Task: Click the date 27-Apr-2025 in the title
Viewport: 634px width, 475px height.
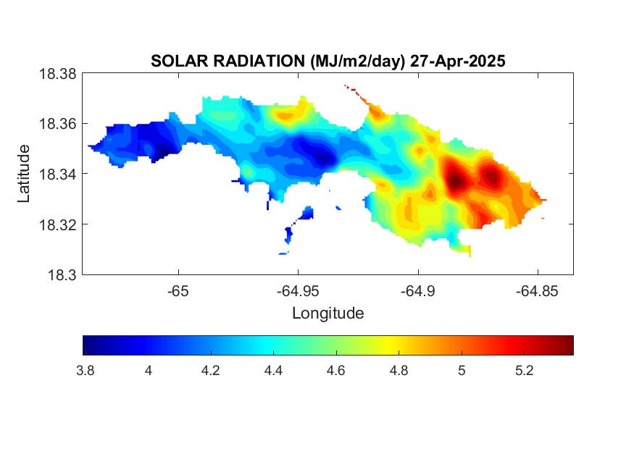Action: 458,61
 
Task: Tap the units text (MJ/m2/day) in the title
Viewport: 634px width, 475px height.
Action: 358,62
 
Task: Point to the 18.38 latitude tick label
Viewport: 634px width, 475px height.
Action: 57,74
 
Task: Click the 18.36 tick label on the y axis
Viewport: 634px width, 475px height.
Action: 57,124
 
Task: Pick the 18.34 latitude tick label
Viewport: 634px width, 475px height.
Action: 57,174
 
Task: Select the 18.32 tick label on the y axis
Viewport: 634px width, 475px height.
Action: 57,224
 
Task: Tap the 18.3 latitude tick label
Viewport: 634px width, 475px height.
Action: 62,274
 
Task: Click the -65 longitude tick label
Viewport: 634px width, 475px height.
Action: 178,291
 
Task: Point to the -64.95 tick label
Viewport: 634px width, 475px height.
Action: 298,291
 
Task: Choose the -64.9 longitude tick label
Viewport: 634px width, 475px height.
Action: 418,291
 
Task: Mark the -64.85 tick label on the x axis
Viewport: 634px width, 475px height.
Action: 538,291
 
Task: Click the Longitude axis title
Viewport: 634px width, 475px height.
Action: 328,313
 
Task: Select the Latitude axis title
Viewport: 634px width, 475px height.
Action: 23,174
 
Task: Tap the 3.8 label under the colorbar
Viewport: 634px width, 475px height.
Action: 85,370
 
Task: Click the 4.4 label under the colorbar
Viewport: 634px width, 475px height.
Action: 273,370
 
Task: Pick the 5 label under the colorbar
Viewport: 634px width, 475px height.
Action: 462,370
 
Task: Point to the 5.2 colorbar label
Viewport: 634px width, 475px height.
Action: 525,370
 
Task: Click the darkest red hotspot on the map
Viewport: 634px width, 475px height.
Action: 456,180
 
